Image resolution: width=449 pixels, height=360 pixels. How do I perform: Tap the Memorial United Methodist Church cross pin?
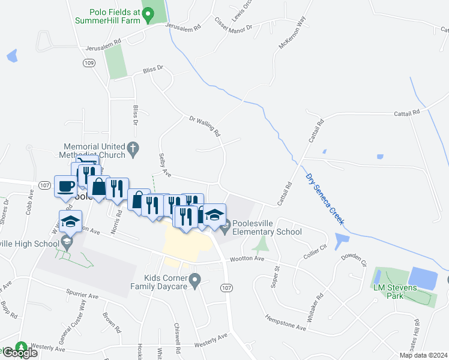pos(133,147)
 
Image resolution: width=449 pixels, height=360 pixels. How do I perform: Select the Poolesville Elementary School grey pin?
pos(226,227)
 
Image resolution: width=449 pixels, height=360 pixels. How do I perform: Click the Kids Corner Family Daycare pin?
pos(194,279)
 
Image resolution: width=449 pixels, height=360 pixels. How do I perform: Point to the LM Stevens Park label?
pos(394,292)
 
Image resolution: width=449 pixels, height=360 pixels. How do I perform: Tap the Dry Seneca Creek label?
pos(325,199)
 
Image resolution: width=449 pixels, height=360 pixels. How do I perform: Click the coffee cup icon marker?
pos(65,185)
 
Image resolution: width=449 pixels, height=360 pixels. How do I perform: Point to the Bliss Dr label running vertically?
pos(136,115)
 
